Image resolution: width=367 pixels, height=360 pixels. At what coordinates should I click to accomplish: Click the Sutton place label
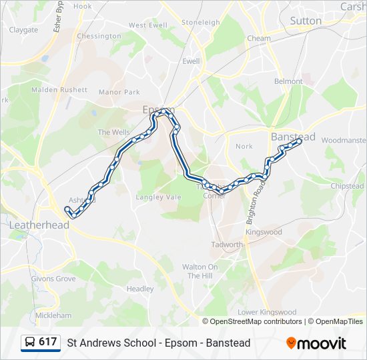pos(306,21)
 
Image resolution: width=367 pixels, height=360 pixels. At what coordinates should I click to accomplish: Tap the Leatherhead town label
pos(39,225)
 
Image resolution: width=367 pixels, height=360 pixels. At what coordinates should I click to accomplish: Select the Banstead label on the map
pos(292,136)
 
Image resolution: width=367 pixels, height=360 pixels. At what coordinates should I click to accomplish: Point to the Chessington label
pos(99,36)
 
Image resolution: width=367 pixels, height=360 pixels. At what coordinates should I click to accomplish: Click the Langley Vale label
pos(159,197)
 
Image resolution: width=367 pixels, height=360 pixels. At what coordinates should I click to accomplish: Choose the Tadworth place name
pos(228,245)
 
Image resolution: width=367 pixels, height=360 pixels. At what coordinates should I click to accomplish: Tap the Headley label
pos(140,289)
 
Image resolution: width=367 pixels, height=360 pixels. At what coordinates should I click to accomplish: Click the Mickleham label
pos(53,315)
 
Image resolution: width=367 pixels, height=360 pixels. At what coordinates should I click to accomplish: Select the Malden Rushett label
pos(59,89)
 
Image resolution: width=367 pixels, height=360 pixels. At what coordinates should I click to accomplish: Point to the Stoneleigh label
pos(200,22)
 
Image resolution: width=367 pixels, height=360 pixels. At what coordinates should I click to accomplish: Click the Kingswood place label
pos(264,232)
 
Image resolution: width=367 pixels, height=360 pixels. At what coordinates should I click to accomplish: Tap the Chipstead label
pos(347,186)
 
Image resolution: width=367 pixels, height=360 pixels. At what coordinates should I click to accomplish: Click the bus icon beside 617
pos(30,342)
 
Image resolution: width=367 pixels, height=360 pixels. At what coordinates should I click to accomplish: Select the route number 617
pos(47,342)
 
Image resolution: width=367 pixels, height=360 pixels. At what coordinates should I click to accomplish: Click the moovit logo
pos(316,343)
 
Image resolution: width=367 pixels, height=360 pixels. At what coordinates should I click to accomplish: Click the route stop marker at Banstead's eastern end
pos(299,141)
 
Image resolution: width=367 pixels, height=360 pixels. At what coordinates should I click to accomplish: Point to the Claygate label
pos(23,30)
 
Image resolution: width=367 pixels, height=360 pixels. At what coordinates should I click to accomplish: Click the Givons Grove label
pos(53,279)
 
